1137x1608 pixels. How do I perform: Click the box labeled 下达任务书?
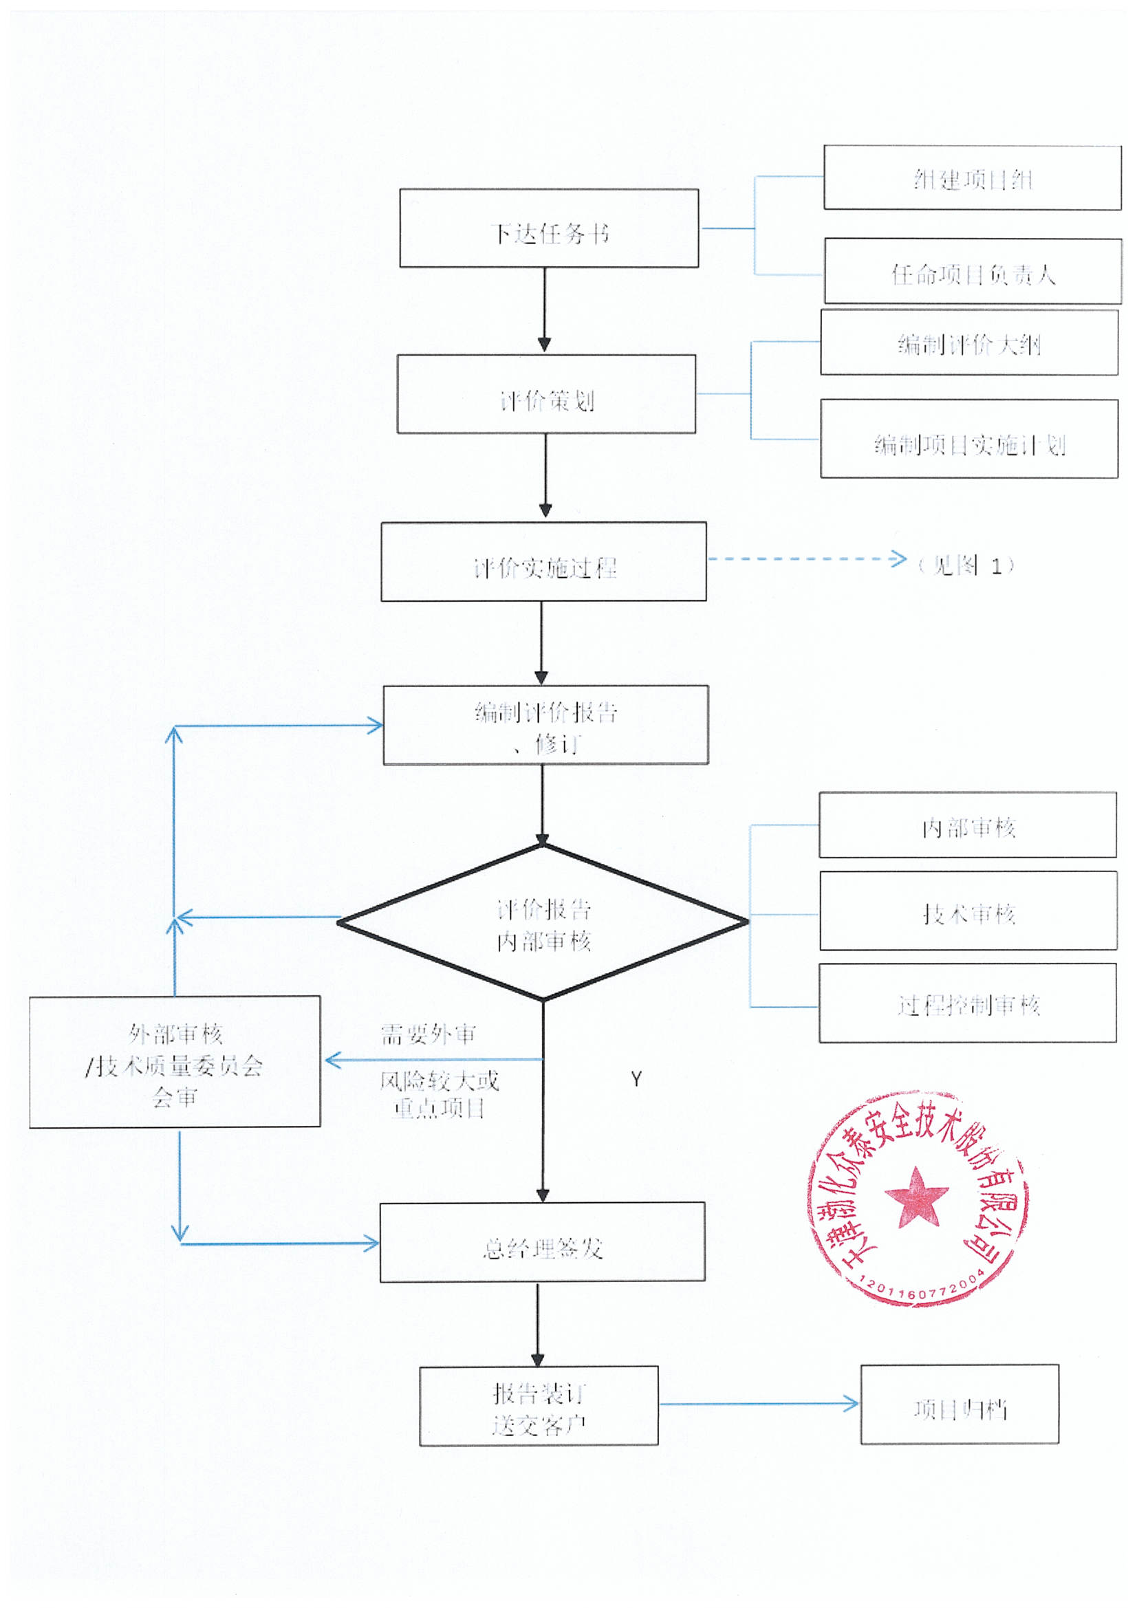click(x=548, y=228)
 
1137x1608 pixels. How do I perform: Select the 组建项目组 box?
click(x=972, y=178)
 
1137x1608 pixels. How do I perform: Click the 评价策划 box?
click(x=545, y=394)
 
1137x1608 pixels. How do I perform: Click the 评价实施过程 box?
click(x=543, y=562)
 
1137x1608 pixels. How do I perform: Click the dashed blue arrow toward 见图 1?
click(x=805, y=559)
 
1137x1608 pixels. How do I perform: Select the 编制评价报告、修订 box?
click(x=545, y=725)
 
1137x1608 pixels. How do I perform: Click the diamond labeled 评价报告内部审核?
click(x=543, y=924)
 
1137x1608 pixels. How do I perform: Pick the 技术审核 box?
click(x=968, y=911)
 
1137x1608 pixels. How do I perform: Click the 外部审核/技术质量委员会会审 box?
click(x=175, y=1062)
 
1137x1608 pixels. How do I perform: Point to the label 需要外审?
click(x=428, y=1034)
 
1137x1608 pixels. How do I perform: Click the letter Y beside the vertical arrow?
click(x=636, y=1079)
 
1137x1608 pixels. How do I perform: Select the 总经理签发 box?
click(x=541, y=1242)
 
